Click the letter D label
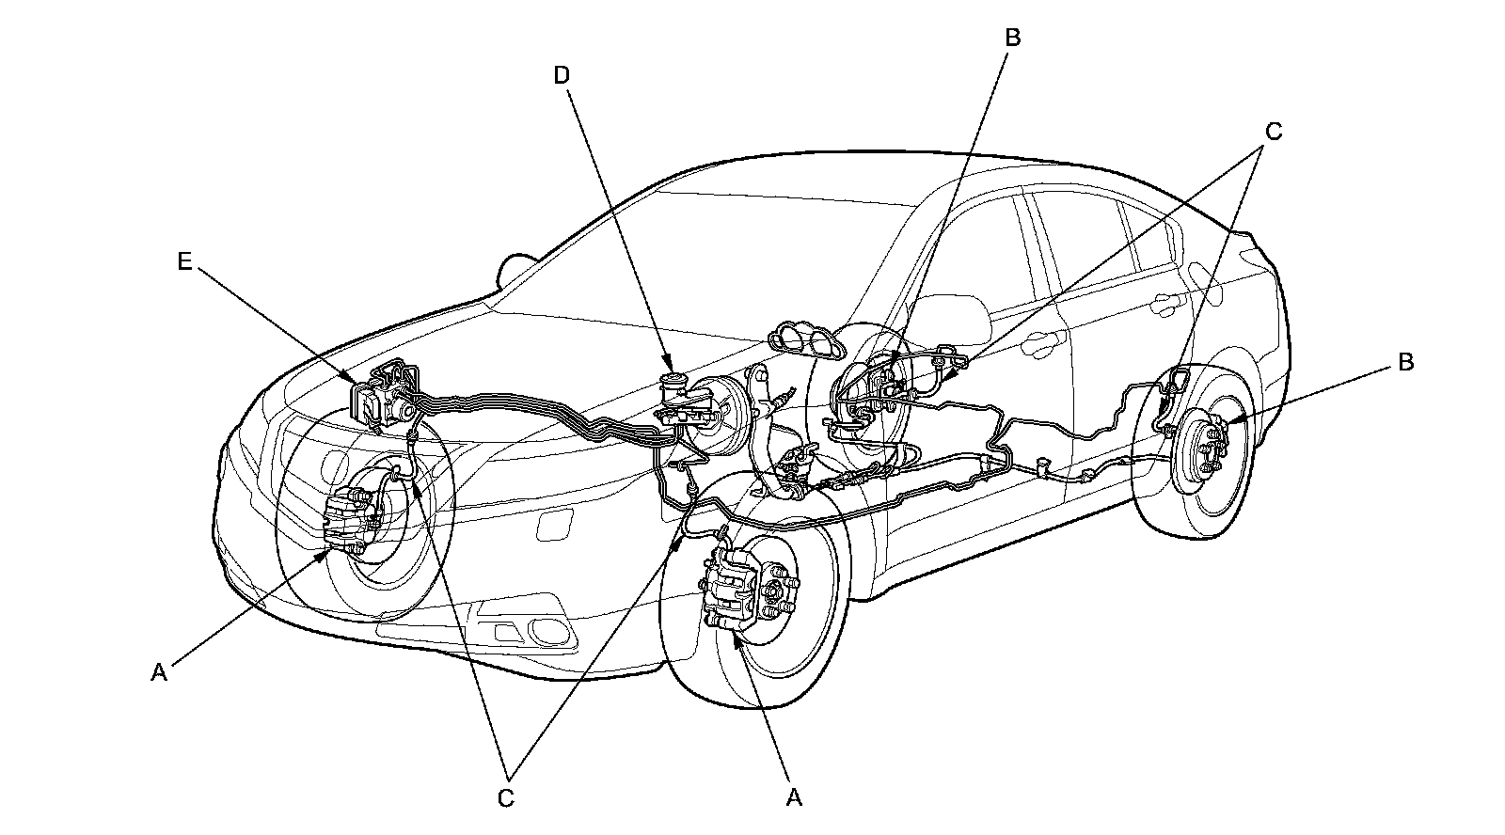[562, 75]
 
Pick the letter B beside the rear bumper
[1406, 362]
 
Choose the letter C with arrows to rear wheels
[1273, 133]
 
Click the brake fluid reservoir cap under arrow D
[672, 383]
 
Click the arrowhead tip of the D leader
[670, 369]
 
